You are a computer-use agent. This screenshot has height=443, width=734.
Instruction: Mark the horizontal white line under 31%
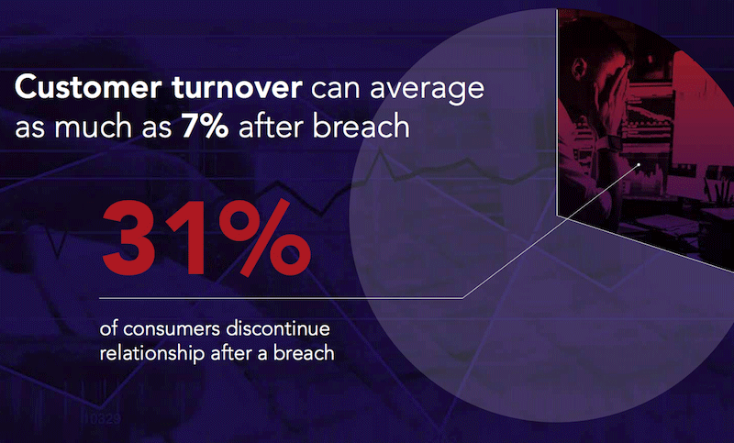tap(275, 297)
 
